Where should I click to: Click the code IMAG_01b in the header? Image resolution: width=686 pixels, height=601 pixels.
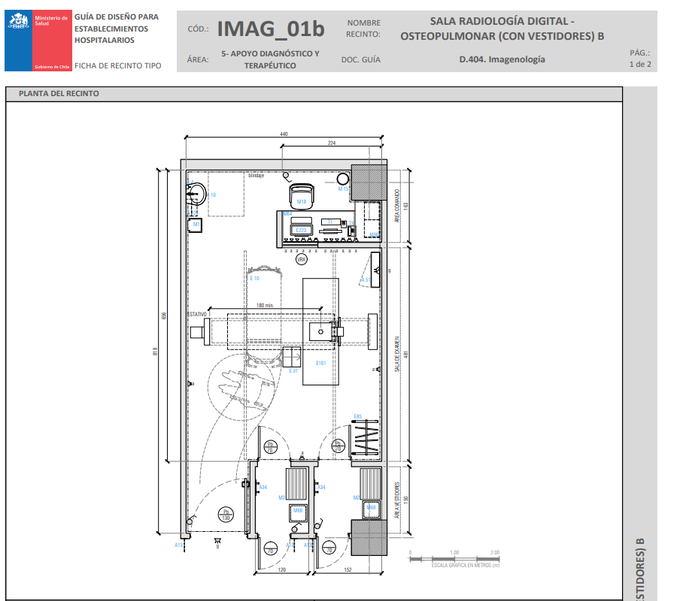271,29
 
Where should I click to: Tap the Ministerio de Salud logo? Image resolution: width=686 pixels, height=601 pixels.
38,41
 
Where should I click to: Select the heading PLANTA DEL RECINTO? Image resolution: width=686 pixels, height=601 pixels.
53,94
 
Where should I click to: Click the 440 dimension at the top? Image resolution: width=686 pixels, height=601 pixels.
284,134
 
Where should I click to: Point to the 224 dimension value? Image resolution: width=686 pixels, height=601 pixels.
332,143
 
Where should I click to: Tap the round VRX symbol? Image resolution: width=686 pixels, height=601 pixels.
302,259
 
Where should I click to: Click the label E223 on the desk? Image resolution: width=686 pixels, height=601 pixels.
302,230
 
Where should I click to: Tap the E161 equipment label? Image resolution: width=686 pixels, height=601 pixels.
320,364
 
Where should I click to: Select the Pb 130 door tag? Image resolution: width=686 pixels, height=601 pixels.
225,515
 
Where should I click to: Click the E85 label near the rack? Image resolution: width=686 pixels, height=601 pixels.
358,416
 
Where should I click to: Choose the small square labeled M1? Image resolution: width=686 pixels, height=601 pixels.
196,224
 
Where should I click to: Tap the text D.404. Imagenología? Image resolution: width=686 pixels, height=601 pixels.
502,59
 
